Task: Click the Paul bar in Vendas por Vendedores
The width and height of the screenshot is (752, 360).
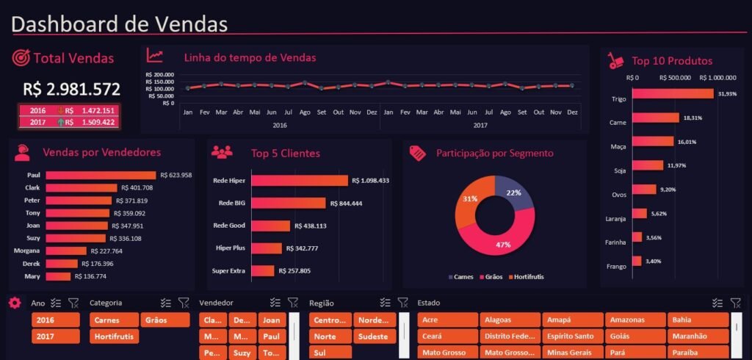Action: (101, 175)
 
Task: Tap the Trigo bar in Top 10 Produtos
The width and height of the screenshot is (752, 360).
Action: (672, 94)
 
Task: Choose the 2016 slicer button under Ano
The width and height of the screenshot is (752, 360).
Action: (55, 320)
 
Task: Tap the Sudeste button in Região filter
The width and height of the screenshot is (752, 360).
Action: (375, 336)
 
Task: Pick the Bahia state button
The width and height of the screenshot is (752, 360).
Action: (698, 320)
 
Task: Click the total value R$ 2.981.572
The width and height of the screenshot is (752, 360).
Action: (72, 90)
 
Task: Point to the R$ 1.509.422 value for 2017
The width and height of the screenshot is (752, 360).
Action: (95, 122)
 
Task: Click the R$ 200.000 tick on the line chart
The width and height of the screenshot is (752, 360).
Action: (159, 74)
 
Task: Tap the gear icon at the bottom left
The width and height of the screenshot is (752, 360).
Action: (15, 303)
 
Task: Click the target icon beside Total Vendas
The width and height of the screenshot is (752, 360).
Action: (21, 58)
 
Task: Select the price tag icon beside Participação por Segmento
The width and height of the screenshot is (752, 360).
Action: (418, 153)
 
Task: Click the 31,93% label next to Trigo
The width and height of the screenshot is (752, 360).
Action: (727, 94)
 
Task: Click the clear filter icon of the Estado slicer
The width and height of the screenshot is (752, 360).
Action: (735, 303)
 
